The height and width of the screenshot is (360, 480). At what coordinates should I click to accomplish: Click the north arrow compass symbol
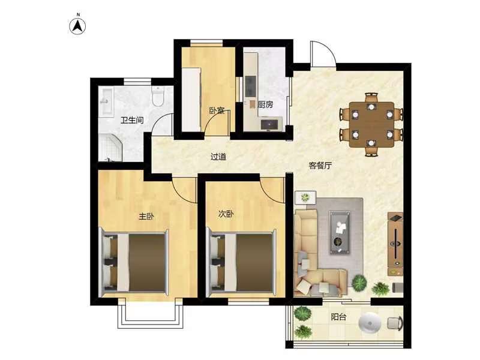tap(77, 26)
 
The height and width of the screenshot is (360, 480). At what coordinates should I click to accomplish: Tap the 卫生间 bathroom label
tap(132, 120)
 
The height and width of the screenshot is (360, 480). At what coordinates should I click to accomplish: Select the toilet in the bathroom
tap(158, 96)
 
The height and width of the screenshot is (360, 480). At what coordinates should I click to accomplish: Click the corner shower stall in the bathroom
tap(110, 148)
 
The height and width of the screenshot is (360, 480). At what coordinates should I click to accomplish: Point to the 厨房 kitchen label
tap(265, 104)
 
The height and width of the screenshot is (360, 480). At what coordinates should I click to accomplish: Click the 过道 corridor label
tap(218, 157)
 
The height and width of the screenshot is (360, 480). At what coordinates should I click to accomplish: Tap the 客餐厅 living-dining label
tap(320, 166)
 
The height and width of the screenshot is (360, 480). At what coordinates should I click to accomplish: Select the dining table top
tap(371, 125)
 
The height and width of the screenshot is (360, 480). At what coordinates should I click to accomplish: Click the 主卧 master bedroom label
tap(146, 217)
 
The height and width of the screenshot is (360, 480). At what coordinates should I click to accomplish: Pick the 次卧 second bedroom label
tap(226, 214)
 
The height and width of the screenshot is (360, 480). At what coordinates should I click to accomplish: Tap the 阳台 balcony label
tap(338, 317)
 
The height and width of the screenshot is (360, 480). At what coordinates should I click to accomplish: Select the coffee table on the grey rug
tap(340, 233)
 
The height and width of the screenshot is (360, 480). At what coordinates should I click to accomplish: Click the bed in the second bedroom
tap(241, 263)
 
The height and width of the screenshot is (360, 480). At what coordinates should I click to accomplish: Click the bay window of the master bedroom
tap(151, 316)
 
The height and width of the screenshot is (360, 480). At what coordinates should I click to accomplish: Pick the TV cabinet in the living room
tap(395, 244)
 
